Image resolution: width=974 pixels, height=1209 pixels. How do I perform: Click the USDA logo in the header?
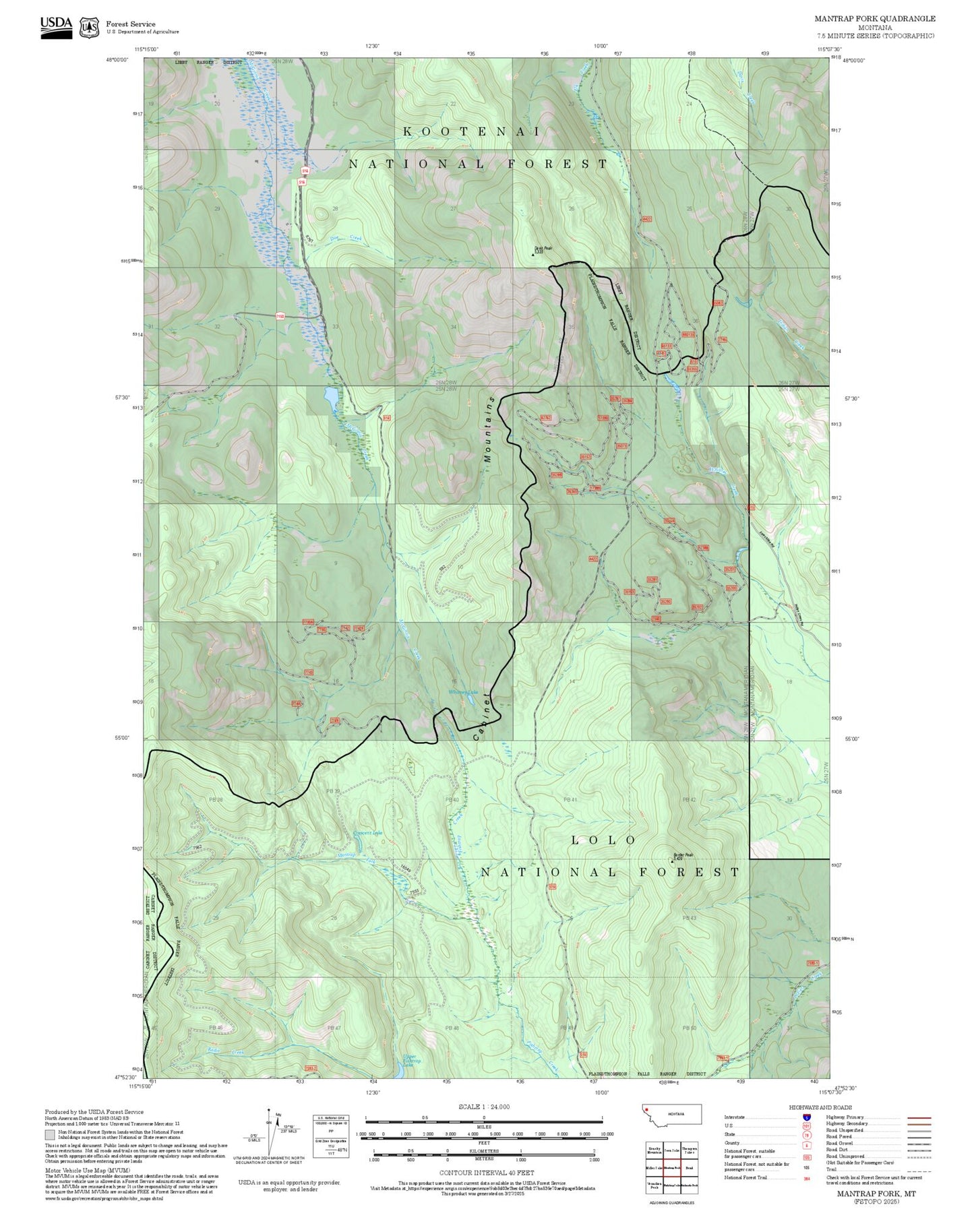pos(56,27)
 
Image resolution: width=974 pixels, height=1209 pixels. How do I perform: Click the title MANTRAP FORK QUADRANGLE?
pos(874,19)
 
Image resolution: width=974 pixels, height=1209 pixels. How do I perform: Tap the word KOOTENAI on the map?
pos(472,131)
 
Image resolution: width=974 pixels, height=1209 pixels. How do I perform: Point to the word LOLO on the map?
pos(603,840)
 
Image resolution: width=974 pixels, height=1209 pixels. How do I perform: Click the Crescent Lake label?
pos(368,833)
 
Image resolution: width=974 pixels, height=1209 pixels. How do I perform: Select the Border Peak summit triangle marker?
pos(672,860)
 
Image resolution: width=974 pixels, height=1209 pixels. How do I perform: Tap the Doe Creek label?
pos(346,238)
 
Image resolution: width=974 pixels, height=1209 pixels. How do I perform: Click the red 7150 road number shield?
pos(280,316)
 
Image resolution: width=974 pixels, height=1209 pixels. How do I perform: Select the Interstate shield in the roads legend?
pos(806,1117)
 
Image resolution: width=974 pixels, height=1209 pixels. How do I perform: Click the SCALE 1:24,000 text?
pos(484,1107)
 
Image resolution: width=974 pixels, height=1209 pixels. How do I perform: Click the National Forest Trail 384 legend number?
pos(806,1178)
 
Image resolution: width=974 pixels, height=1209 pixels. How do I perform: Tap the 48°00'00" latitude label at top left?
pos(117,59)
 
